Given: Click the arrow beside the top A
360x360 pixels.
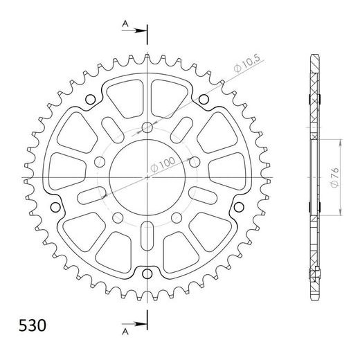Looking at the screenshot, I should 139,31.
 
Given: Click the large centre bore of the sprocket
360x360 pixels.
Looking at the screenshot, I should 147,178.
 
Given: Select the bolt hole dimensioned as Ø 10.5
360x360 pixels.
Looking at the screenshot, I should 147,128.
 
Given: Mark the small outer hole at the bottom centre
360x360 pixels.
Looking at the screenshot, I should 147,271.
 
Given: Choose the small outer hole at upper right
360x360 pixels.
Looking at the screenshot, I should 203,100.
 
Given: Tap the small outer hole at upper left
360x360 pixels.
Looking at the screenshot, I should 91,100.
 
